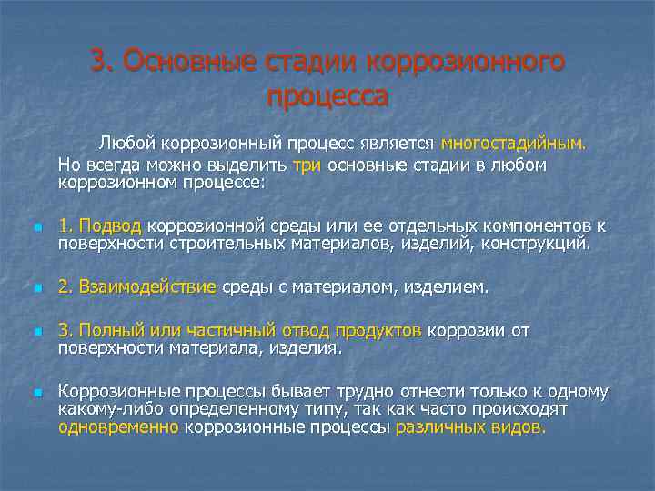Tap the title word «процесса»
pyautogui.click(x=328, y=95)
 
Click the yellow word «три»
pyautogui.click(x=307, y=165)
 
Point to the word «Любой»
pyautogui.click(x=126, y=143)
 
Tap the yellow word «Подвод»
pyautogui.click(x=110, y=225)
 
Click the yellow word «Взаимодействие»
pyautogui.click(x=147, y=287)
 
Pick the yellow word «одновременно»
pyautogui.click(x=118, y=425)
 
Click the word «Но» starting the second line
pyautogui.click(x=68, y=165)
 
